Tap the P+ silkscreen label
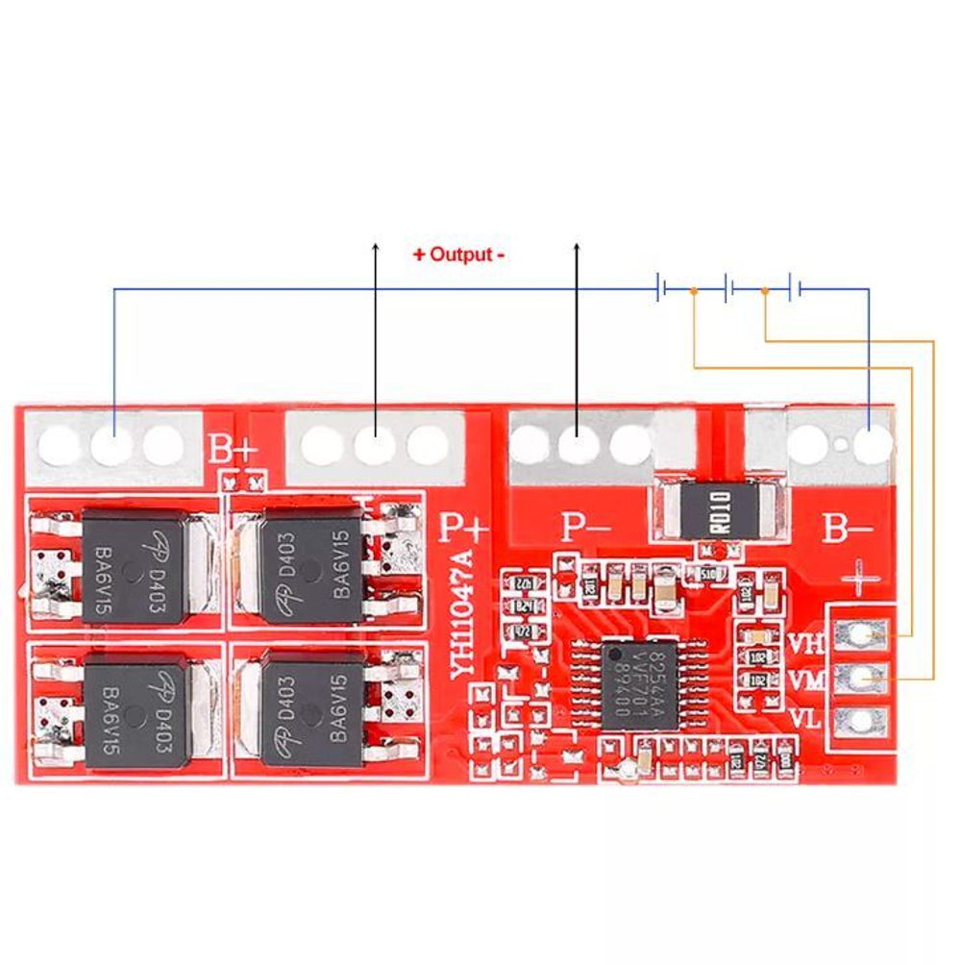(464, 528)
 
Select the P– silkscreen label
(586, 527)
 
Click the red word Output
(458, 255)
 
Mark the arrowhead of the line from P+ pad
(375, 247)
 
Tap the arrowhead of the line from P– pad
(577, 247)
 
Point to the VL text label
(805, 719)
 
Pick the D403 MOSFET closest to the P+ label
(312, 566)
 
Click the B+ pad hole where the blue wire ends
(113, 444)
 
